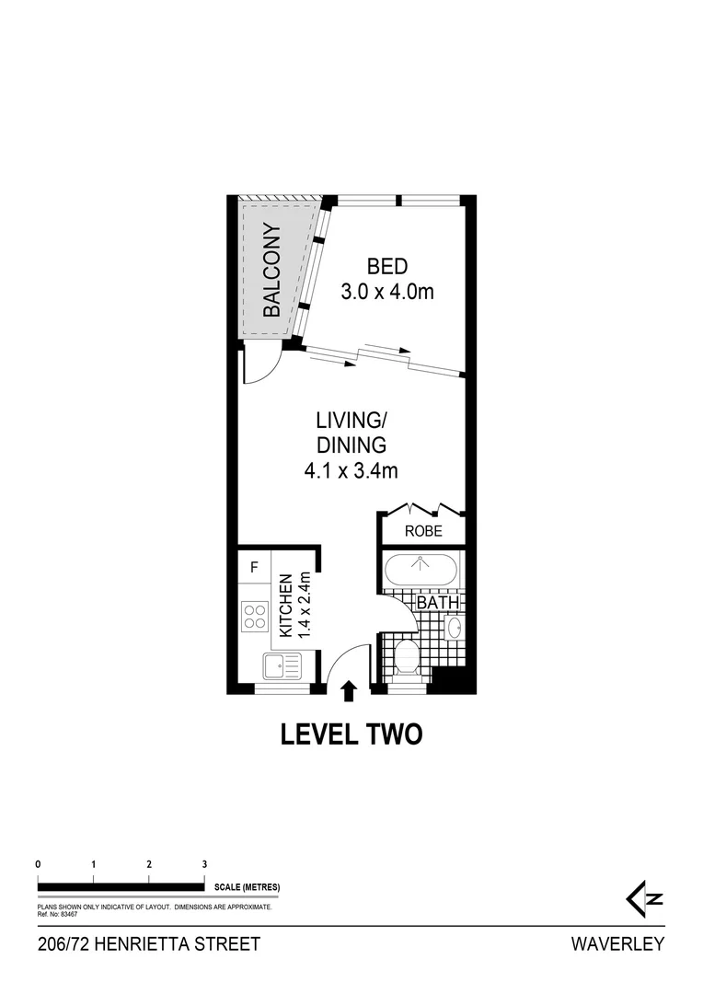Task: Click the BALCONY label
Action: (271, 271)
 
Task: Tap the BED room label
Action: (386, 268)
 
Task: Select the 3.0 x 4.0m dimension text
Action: (386, 292)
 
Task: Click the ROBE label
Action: (423, 531)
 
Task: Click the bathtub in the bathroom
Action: (420, 569)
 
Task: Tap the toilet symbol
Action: (405, 658)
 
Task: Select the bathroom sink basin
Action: (454, 628)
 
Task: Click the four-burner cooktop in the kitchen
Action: (255, 616)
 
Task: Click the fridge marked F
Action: (254, 565)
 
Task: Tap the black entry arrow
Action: (349, 691)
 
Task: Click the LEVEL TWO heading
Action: (351, 734)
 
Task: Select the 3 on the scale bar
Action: (204, 864)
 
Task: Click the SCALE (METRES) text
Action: (246, 887)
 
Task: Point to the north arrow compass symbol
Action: (644, 898)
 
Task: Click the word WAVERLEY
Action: (617, 943)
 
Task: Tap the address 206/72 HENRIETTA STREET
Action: (149, 943)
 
